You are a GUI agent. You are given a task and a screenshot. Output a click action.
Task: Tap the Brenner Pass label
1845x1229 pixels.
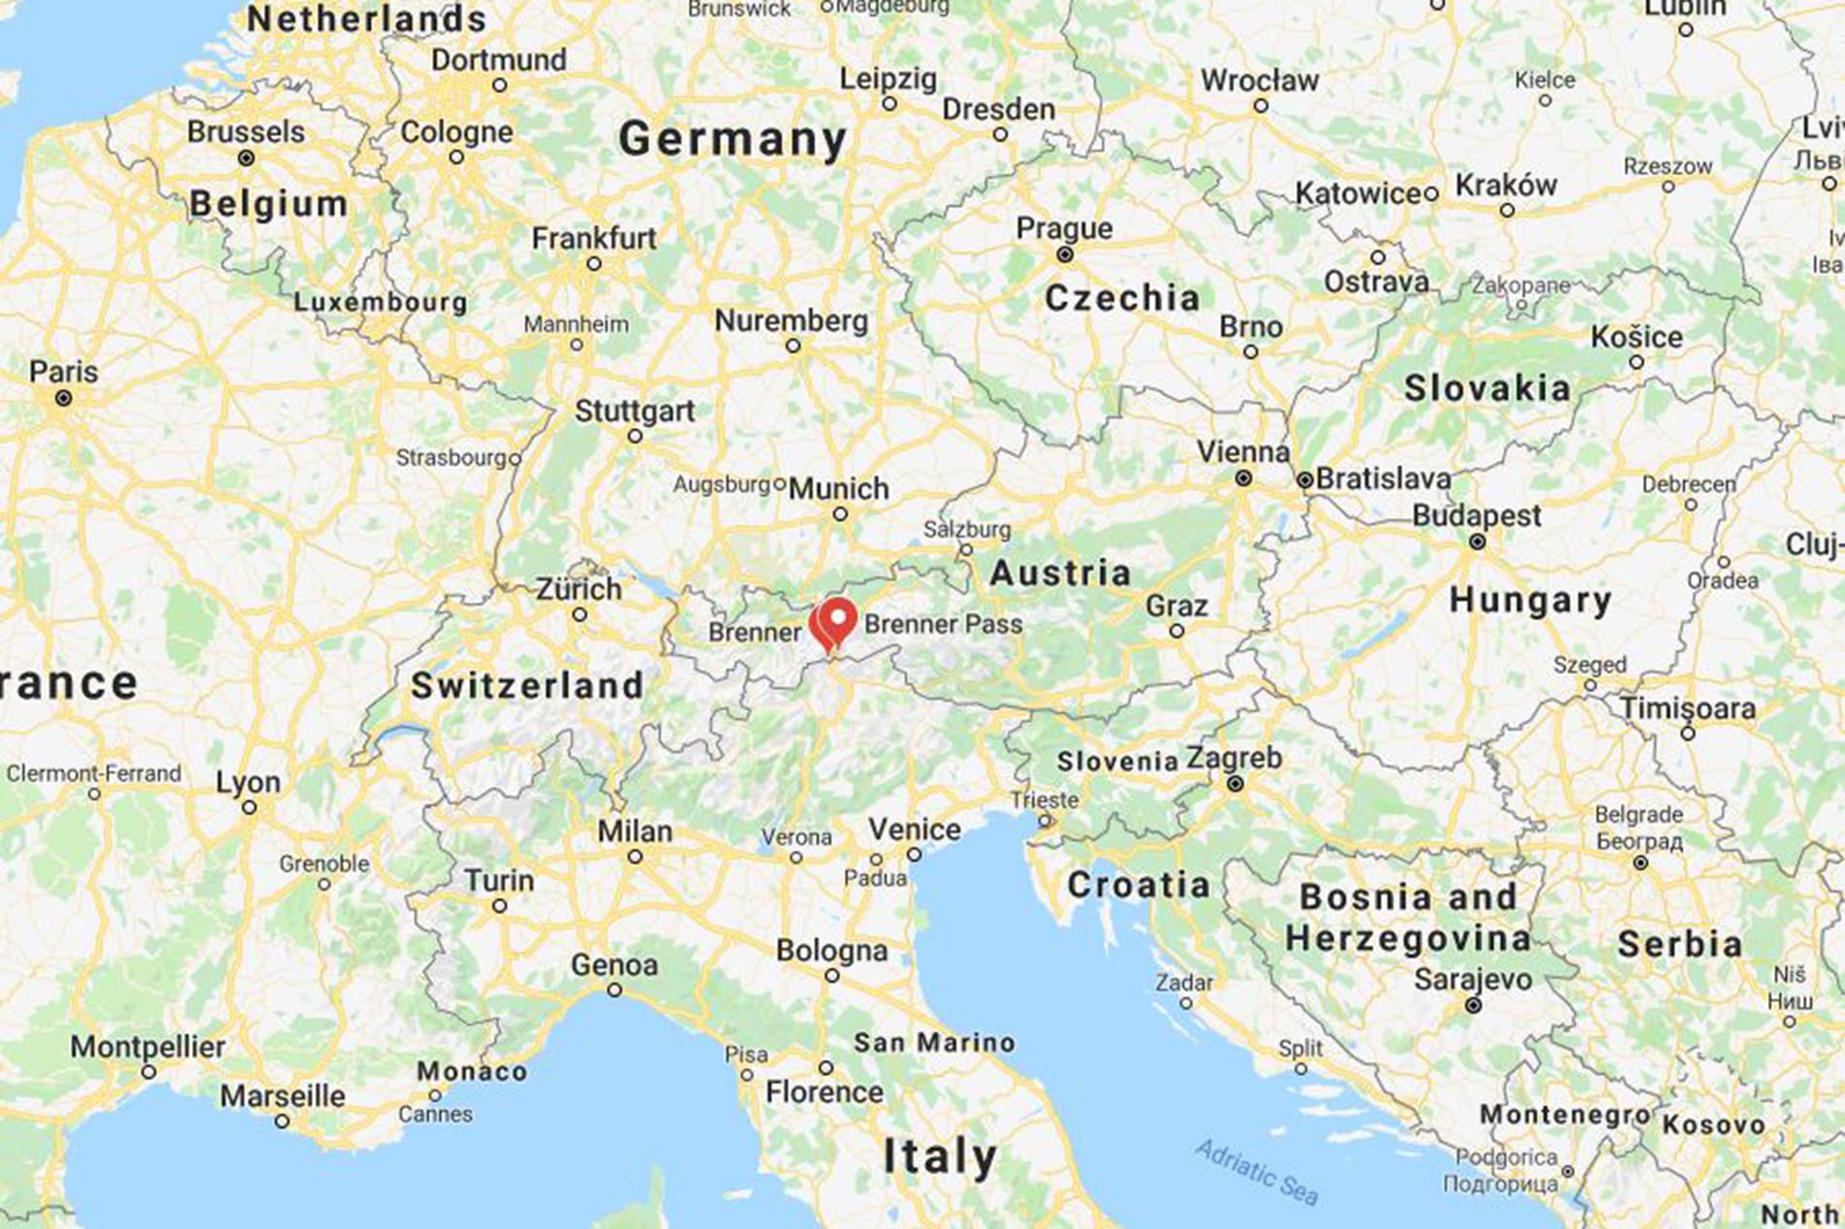pyautogui.click(x=943, y=624)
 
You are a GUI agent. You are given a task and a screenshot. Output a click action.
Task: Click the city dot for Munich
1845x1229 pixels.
pyautogui.click(x=840, y=514)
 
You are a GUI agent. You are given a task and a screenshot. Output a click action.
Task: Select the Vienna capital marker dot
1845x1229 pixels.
pyautogui.click(x=1243, y=478)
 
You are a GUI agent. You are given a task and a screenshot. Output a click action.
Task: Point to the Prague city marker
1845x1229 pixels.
pyautogui.click(x=1064, y=254)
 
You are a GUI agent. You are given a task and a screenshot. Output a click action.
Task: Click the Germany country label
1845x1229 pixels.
pyautogui.click(x=733, y=140)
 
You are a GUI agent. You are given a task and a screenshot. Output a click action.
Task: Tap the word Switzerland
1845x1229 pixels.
pyautogui.click(x=527, y=685)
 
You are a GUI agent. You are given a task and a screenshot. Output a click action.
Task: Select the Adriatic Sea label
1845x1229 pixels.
pyautogui.click(x=1257, y=1171)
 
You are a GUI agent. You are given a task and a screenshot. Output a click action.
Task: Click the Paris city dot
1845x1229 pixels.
pyautogui.click(x=63, y=398)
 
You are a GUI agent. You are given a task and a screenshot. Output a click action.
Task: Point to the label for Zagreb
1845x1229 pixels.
pyautogui.click(x=1234, y=758)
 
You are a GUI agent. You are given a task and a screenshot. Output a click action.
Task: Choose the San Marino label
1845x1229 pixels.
pyautogui.click(x=934, y=1043)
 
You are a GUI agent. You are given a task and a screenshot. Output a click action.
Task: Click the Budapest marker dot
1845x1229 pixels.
pyautogui.click(x=1477, y=542)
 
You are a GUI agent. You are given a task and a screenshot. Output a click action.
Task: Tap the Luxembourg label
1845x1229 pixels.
pyautogui.click(x=381, y=302)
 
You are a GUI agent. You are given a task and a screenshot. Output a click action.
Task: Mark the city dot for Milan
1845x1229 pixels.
pyautogui.click(x=634, y=856)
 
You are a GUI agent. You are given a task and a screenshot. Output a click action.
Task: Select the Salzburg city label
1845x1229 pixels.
pyautogui.click(x=967, y=530)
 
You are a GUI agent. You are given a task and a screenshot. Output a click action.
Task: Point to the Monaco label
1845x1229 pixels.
pyautogui.click(x=472, y=1072)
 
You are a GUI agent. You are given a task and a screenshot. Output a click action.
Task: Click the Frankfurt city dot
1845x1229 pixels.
pyautogui.click(x=593, y=263)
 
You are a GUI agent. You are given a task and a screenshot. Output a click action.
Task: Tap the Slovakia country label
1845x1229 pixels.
pyautogui.click(x=1487, y=389)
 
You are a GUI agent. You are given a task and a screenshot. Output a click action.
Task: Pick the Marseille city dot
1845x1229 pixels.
pyautogui.click(x=282, y=1121)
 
